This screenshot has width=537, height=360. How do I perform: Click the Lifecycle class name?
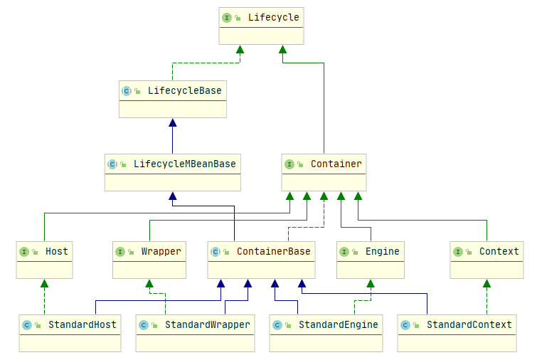[273, 18]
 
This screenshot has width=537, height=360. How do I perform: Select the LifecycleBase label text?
[185, 91]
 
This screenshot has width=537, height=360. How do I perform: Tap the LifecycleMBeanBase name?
[185, 164]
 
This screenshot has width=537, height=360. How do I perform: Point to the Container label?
[336, 164]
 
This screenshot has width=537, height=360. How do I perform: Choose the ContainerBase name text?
[273, 251]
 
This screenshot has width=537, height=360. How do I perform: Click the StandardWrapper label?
[208, 324]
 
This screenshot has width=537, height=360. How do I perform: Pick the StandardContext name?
[469, 324]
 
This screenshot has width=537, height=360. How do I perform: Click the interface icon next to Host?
[24, 252]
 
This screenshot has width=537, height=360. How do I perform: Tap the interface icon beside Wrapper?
[120, 252]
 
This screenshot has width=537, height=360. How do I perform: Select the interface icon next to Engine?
[344, 252]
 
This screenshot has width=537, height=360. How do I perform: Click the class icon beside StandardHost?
[27, 325]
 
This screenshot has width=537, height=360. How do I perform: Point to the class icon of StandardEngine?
[277, 325]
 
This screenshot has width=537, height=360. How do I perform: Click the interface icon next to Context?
[458, 252]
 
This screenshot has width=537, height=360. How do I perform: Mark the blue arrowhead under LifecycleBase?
[173, 122]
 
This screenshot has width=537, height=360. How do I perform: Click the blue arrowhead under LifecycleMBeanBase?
[173, 196]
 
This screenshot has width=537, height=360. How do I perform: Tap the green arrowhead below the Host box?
[45, 283]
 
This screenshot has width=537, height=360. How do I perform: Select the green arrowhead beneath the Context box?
[487, 283]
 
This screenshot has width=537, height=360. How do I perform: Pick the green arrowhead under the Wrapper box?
[149, 283]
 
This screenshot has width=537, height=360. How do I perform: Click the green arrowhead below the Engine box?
[371, 283]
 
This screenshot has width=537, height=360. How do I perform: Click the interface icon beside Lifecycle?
[227, 18]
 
